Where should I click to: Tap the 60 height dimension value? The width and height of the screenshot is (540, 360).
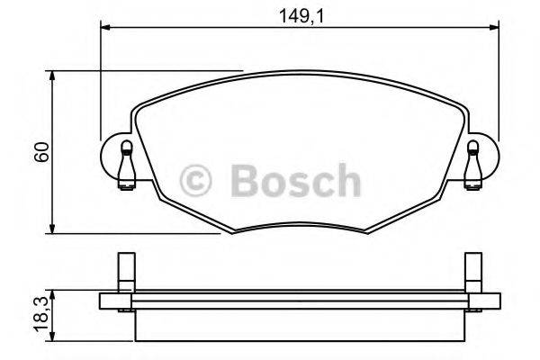40,152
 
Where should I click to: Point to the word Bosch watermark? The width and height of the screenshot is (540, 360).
292,179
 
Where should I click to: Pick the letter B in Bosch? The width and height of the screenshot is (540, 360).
247,179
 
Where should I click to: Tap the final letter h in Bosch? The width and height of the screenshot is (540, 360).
346,179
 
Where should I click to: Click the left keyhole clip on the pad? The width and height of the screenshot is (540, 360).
125,162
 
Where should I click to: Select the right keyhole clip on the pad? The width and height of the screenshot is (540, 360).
472,162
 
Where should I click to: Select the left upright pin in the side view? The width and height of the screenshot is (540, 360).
126,272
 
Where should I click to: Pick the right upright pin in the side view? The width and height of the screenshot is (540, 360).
472,272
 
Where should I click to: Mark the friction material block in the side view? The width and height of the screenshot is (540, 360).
297,324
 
